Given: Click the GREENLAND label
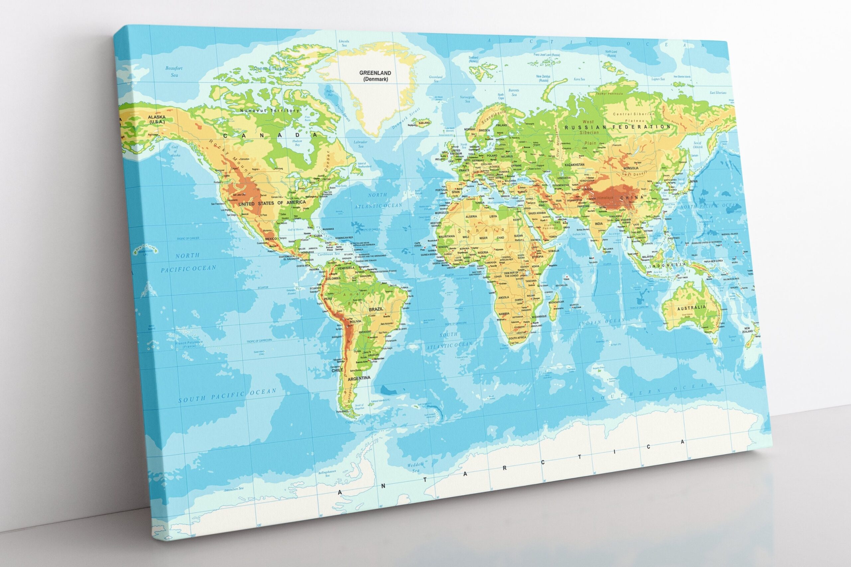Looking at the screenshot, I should click(x=370, y=73).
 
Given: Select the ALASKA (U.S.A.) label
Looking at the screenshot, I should click(x=156, y=119).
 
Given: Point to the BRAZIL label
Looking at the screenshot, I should click(x=376, y=310).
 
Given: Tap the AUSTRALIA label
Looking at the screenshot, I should click(x=691, y=308).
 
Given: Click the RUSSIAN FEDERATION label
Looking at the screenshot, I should click(x=617, y=127).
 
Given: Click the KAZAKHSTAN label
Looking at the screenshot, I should click(x=574, y=165).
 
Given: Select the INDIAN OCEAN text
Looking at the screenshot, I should click(x=602, y=322).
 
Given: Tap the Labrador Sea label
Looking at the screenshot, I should click(x=361, y=144).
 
